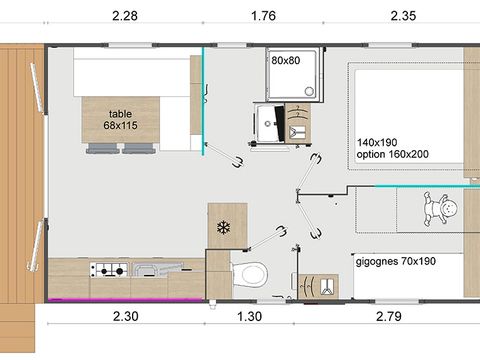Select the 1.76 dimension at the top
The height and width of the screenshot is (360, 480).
coord(265,14)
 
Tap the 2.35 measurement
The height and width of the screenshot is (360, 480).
coord(405,14)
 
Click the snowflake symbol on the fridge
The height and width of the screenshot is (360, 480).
coord(223,227)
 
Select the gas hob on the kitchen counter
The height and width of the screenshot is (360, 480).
coord(107,269)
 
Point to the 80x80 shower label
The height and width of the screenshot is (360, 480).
coord(285,59)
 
